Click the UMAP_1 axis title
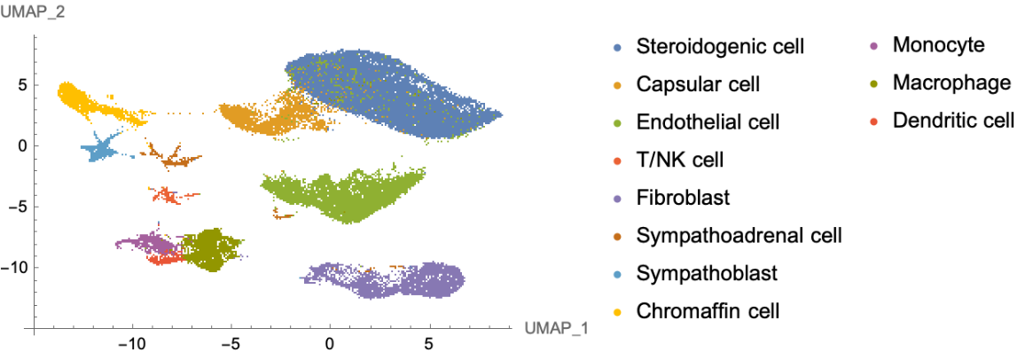556,329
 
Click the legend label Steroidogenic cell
720,46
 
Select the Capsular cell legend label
698,84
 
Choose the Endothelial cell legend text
708,121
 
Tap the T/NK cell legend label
680,160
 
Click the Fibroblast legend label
683,197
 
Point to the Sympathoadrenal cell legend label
739,235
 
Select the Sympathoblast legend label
706,273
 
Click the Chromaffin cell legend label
708,310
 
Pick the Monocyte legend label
938,44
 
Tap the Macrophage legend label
951,82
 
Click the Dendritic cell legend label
953,120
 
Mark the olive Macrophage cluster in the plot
211,249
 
